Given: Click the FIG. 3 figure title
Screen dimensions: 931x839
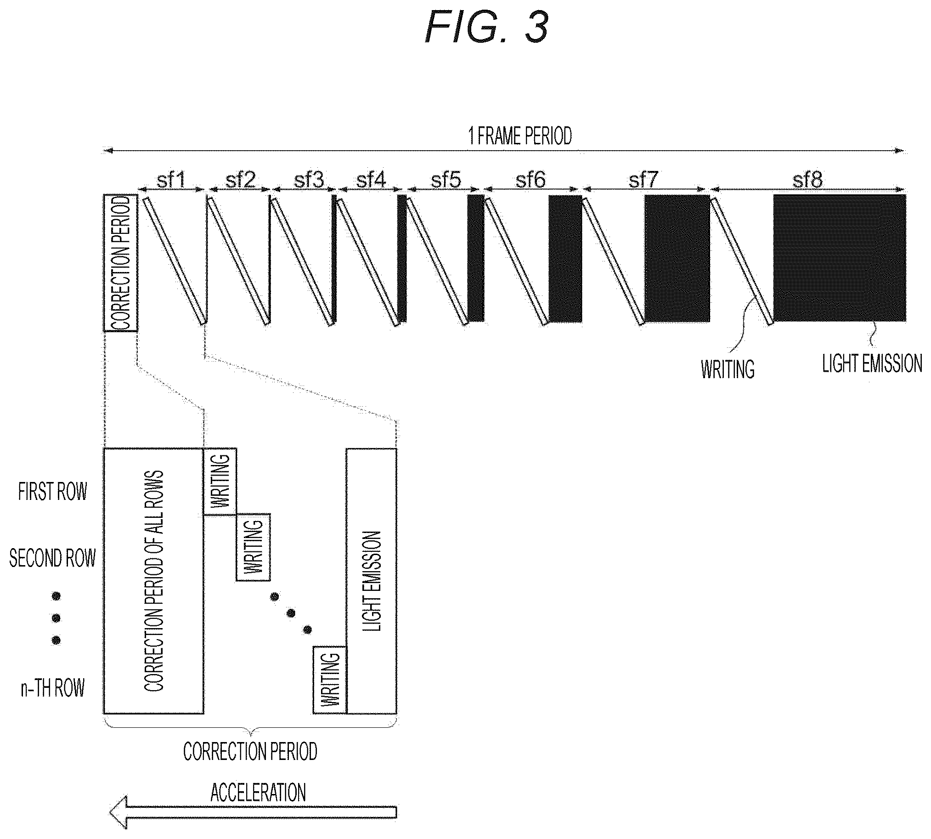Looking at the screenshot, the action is click(487, 27).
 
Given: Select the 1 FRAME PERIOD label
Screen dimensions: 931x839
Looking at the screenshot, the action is click(520, 136).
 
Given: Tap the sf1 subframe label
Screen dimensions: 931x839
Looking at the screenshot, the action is click(171, 180).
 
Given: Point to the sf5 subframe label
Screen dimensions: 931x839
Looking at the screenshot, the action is click(446, 180).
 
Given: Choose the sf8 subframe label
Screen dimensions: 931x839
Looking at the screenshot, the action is click(807, 180).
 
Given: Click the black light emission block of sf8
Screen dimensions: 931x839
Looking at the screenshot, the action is click(839, 258).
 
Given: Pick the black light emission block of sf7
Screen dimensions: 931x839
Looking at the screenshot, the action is click(677, 258).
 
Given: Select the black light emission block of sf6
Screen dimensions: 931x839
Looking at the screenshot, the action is click(565, 258).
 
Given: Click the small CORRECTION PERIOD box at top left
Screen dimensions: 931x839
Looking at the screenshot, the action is click(120, 263).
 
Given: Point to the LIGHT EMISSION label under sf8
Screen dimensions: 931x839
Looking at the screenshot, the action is click(872, 363).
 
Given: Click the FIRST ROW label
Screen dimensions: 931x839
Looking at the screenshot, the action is click(52, 492).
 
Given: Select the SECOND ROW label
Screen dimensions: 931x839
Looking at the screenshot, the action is click(52, 558).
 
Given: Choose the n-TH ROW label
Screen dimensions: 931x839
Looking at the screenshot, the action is click(52, 688).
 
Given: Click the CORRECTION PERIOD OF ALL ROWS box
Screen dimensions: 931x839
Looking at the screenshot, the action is click(153, 581).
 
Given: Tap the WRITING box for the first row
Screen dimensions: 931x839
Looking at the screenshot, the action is click(220, 481).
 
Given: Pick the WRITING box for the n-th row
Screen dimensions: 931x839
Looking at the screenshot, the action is click(329, 680).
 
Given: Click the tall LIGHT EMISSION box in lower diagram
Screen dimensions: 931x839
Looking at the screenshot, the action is click(371, 581).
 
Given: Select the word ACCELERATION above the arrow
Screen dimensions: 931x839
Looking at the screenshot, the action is click(258, 793).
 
